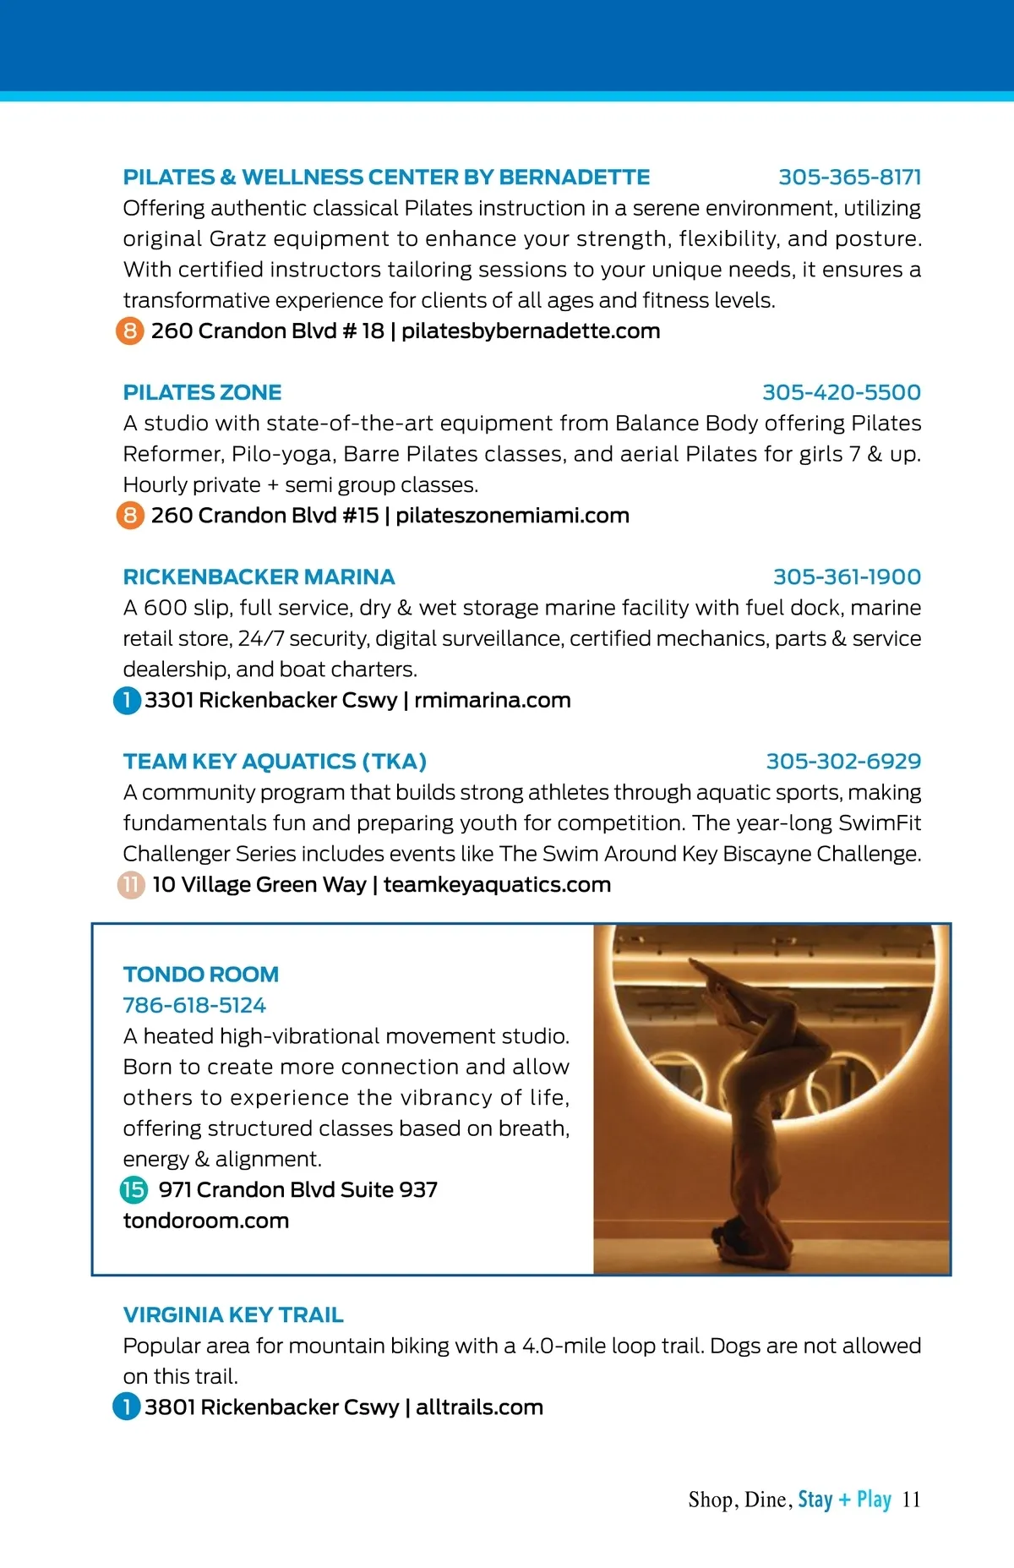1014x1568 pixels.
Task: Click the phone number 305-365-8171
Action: pos(849,177)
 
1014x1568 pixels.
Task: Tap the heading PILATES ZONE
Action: pos(202,392)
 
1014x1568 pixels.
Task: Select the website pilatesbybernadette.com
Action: pos(531,331)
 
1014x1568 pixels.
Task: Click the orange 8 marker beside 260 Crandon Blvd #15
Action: pos(130,515)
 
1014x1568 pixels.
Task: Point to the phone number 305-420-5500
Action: pos(842,392)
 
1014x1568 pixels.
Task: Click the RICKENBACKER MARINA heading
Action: pos(259,576)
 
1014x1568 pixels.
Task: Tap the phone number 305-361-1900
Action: pos(847,576)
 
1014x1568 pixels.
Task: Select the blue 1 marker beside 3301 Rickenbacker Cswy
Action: pos(127,700)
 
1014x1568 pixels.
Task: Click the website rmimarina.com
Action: pos(493,700)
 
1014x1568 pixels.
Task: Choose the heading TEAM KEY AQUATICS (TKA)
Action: pos(275,761)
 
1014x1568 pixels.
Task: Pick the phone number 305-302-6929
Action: pos(843,761)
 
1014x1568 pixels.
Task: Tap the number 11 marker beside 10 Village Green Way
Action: pos(131,885)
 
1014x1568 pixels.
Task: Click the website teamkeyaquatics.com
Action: pos(497,884)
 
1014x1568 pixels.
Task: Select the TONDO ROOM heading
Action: pos(201,974)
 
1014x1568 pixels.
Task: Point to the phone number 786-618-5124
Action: pos(194,1005)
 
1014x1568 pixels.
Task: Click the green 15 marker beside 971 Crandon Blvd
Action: pos(134,1189)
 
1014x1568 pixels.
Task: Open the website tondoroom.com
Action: pos(206,1221)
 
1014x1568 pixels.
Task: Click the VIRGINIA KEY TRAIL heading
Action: pos(233,1314)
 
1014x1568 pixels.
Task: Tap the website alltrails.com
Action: pos(479,1407)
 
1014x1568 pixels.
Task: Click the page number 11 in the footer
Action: pos(911,1500)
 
